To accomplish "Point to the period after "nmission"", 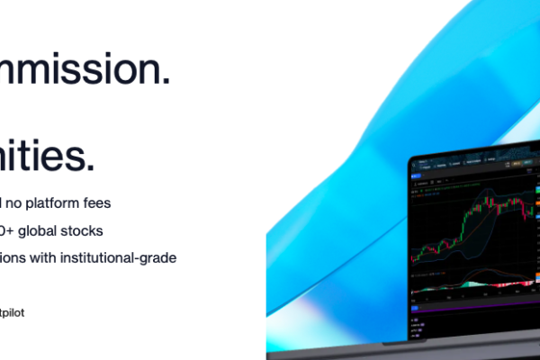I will coord(165,81).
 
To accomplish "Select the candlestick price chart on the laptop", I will coord(472,225).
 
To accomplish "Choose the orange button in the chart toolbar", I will coord(523,165).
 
